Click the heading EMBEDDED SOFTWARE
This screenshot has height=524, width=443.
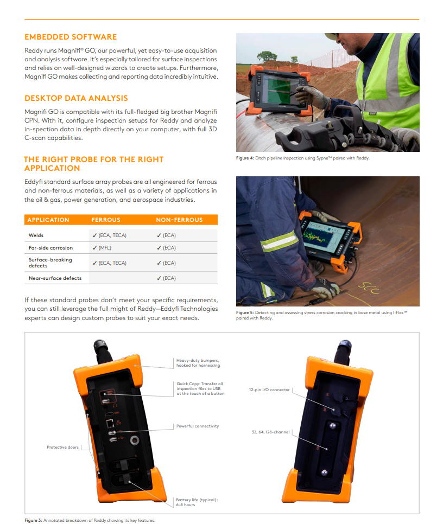[71, 37]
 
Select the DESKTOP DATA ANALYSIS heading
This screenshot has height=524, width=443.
[76, 98]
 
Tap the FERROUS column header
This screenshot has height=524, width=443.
[106, 220]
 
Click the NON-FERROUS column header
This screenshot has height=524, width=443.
[179, 220]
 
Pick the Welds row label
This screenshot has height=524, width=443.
[36, 235]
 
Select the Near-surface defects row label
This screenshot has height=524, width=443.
[55, 278]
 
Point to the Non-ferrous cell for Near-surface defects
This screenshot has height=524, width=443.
[166, 278]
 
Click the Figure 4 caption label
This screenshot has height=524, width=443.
[245, 158]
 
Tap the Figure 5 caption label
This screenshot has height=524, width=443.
[245, 313]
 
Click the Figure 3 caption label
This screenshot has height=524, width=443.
[34, 520]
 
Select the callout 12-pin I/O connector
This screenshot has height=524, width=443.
[269, 389]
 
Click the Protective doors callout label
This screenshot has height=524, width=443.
[62, 447]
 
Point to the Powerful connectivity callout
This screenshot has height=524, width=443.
[198, 426]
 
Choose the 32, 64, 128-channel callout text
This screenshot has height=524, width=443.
[270, 432]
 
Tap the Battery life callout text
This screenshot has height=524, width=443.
[197, 502]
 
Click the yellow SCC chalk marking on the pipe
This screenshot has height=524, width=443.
[369, 288]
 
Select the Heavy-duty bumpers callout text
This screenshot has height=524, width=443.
[198, 363]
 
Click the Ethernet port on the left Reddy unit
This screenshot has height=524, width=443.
[110, 424]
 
